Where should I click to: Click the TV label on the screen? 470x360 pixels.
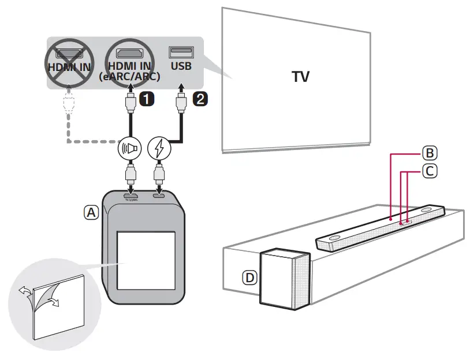300,77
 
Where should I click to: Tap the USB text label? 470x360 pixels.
180,66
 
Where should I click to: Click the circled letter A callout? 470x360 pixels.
91,212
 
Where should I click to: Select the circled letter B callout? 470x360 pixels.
429,153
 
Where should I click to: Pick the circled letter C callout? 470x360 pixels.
429,171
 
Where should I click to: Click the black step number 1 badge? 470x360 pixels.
147,99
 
